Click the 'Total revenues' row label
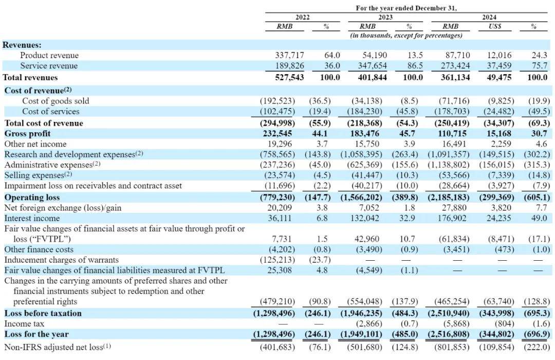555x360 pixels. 30,77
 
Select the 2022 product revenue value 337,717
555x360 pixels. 289,55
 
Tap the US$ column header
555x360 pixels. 495,26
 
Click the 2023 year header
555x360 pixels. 385,17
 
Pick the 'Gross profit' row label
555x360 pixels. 28,134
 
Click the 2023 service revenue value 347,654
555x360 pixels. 373,66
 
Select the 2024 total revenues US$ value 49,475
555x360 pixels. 499,77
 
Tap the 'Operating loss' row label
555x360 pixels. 32,197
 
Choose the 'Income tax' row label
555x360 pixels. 25,324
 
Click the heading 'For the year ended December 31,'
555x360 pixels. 406,8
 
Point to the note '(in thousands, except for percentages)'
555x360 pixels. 406,35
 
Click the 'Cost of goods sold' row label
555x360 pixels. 55,101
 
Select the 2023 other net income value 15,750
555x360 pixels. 367,144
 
